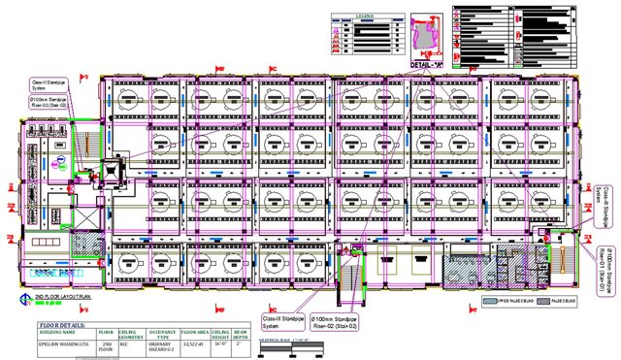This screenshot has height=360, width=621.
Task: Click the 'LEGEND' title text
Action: click(366, 16)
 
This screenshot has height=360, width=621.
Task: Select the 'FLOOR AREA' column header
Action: click(194, 334)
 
